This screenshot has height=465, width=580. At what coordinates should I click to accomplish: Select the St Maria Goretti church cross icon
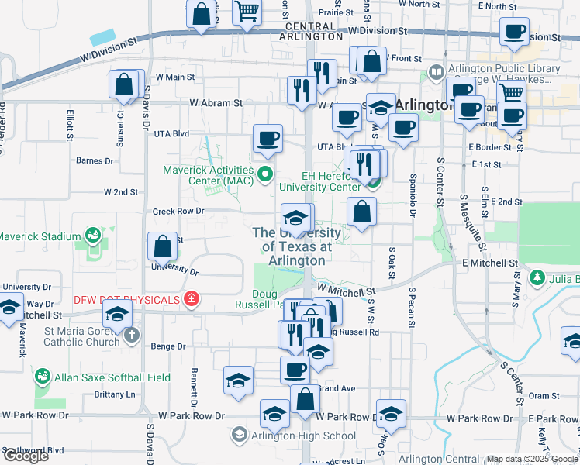(x=132, y=335)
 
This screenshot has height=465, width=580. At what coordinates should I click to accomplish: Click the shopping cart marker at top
(x=247, y=12)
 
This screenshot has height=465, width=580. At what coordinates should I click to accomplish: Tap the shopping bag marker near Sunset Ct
(x=124, y=85)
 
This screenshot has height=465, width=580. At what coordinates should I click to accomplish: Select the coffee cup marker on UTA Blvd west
(x=268, y=139)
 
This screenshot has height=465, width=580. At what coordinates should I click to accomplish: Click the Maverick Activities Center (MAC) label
(x=208, y=175)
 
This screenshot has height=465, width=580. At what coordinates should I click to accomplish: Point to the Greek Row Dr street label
(x=178, y=211)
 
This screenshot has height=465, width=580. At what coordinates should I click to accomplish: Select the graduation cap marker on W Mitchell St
(x=118, y=313)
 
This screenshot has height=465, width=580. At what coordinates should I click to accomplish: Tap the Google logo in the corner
(x=26, y=456)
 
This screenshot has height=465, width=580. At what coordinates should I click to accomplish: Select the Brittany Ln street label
(x=114, y=394)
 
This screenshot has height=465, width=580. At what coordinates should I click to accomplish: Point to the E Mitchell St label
(x=489, y=263)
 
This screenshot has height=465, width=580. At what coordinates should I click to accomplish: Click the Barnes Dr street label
(x=95, y=161)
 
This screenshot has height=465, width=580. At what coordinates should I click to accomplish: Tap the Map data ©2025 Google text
(x=532, y=459)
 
